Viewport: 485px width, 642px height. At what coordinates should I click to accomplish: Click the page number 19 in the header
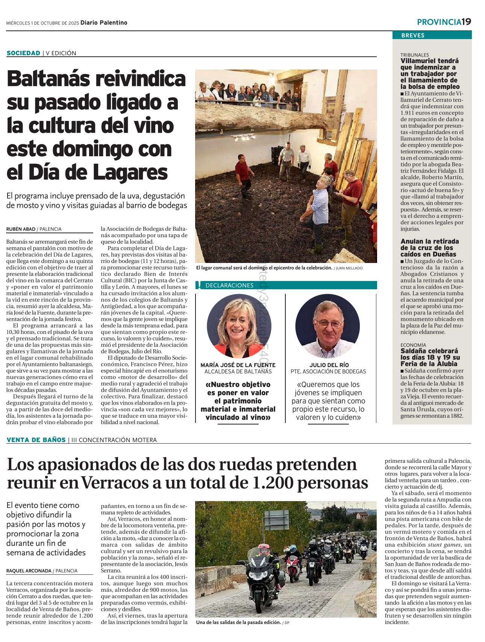pos(466,22)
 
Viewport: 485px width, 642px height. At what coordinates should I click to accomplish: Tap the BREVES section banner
pos(412,35)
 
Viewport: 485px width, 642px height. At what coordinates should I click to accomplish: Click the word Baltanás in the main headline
pos(48,79)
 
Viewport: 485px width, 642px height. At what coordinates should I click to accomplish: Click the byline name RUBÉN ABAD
pos(21,229)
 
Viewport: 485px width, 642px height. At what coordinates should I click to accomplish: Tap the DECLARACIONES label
pos(229,286)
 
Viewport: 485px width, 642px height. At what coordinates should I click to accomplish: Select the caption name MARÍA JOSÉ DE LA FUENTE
pos(238,365)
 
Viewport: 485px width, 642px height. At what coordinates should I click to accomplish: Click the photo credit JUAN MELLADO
pos(349,268)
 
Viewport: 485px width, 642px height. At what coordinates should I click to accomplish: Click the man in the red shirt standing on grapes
pos(244,175)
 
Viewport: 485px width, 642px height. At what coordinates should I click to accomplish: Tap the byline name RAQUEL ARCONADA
pos(29,571)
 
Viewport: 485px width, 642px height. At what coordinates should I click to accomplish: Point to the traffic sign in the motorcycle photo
pos(276,520)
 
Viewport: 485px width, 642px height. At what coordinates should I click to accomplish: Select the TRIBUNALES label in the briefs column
pos(414,55)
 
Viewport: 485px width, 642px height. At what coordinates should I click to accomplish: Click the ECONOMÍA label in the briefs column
pos(413,345)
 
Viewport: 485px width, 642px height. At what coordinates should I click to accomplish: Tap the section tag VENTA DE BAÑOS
pos(36,440)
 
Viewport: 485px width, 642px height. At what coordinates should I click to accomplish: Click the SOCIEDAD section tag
pos(23,53)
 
